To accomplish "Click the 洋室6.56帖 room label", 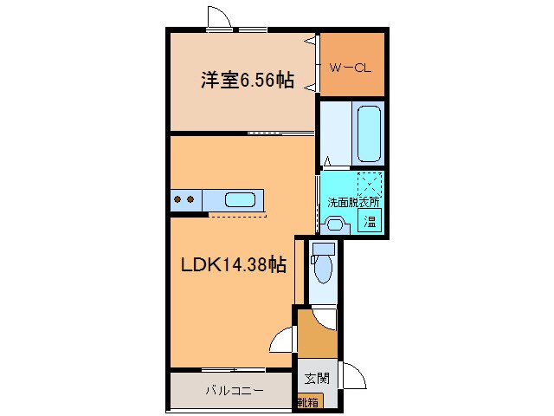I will [x=247, y=81].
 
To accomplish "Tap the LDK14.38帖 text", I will [x=233, y=264].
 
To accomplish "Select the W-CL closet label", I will [x=351, y=66].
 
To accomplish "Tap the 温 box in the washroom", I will [x=370, y=220].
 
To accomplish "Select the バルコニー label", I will [x=234, y=391].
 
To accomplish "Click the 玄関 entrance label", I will [x=316, y=378].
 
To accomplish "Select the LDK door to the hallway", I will [x=282, y=341].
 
